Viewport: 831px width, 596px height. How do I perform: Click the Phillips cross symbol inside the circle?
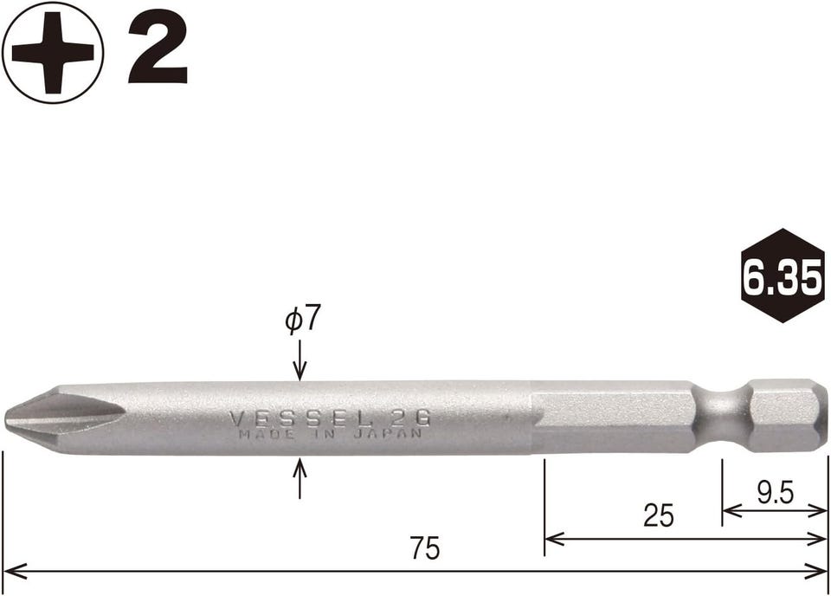click(53, 53)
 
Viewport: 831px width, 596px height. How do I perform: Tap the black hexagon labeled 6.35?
click(783, 275)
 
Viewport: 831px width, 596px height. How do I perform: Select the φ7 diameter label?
click(303, 320)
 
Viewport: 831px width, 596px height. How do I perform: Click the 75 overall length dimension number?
click(425, 547)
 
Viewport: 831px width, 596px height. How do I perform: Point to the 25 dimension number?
click(659, 515)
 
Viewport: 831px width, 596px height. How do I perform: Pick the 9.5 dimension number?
click(775, 494)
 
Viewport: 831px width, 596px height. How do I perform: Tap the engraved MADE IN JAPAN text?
click(330, 433)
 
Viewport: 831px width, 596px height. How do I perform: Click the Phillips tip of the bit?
click(33, 418)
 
